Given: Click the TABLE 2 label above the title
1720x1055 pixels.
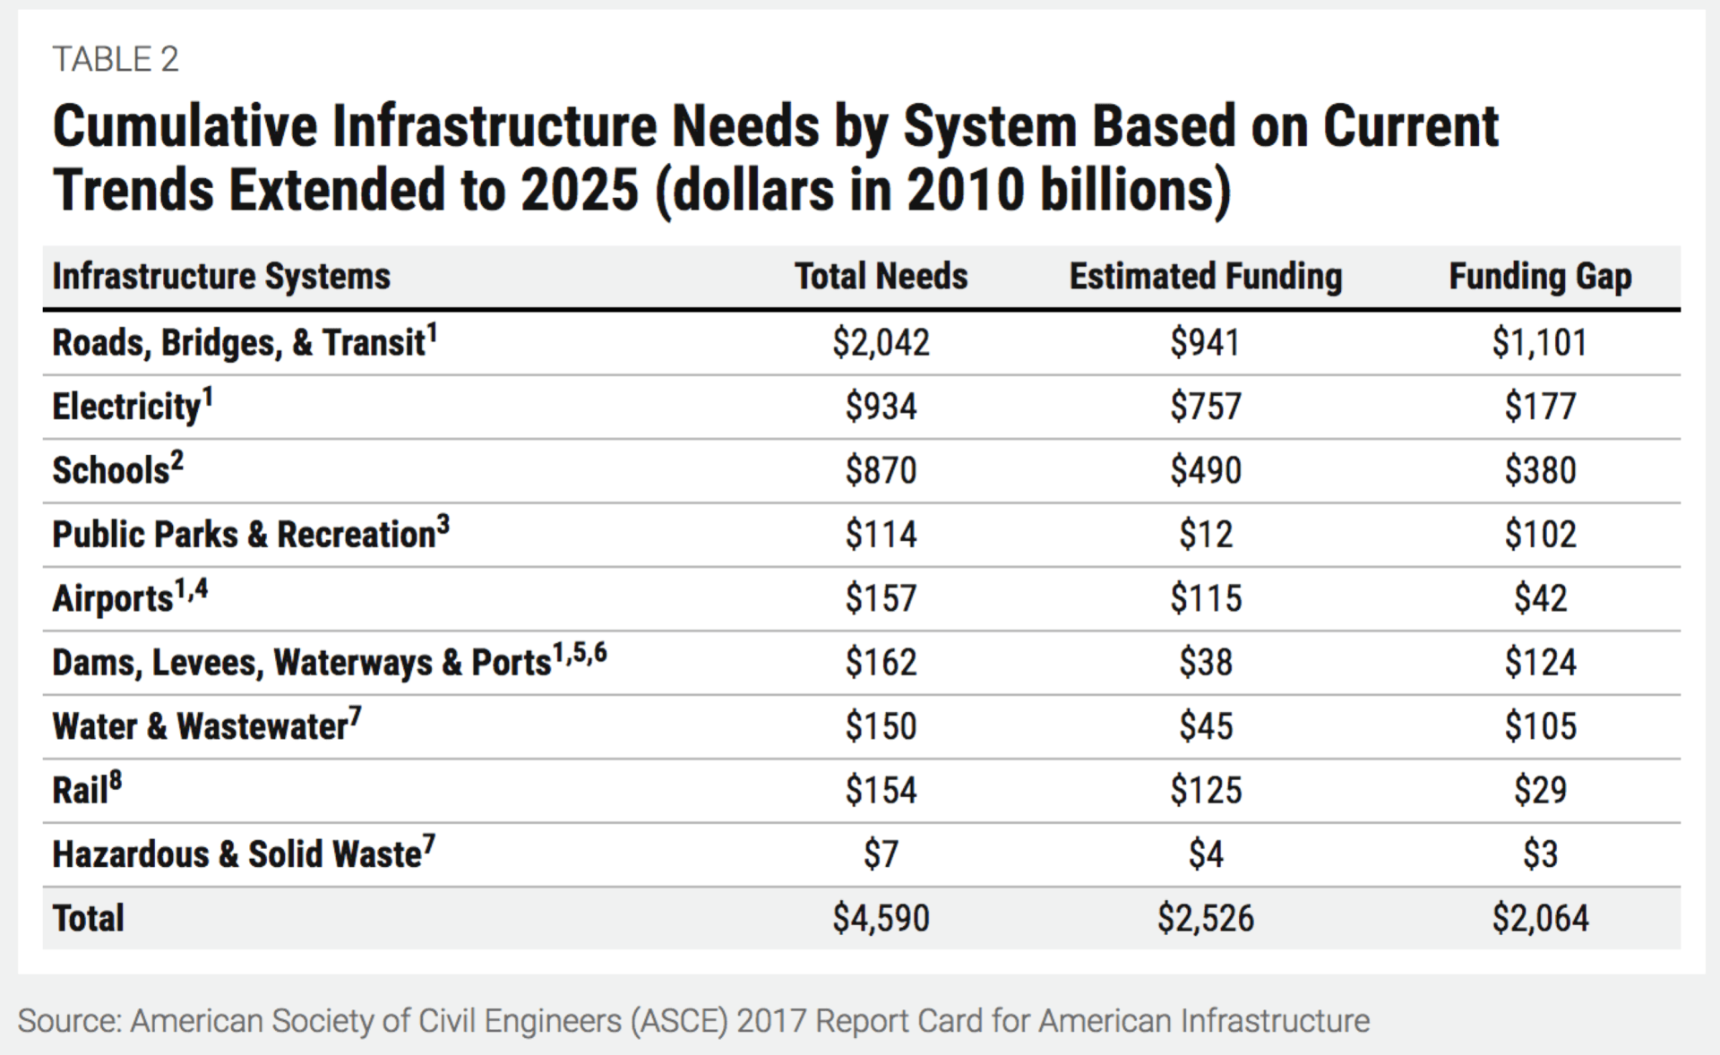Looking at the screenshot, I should click(x=116, y=60).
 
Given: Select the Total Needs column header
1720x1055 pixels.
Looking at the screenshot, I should click(x=881, y=277).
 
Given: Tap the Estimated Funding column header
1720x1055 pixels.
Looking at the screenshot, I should click(x=1205, y=277).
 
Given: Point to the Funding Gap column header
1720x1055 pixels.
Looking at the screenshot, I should click(x=1539, y=277).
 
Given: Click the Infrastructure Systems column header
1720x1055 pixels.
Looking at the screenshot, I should click(x=221, y=277).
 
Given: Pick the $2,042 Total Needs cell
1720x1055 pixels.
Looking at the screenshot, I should click(x=881, y=343).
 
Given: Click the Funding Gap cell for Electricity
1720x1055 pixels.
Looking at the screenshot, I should click(x=1539, y=407).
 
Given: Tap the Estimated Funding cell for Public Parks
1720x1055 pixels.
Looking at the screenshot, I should click(x=1205, y=535).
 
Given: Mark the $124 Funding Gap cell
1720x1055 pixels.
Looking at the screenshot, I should click(x=1539, y=663).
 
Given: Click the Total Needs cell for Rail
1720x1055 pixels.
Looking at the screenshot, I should click(x=881, y=791).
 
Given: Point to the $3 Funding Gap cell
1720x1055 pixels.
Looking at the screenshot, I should click(x=1539, y=854).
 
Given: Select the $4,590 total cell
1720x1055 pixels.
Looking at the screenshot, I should click(x=881, y=919).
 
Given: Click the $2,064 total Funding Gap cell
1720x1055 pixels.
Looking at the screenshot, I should click(x=1539, y=919).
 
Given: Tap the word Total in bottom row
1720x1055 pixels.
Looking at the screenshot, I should click(x=88, y=919).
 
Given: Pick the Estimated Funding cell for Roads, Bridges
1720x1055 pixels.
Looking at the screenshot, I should click(x=1205, y=343).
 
